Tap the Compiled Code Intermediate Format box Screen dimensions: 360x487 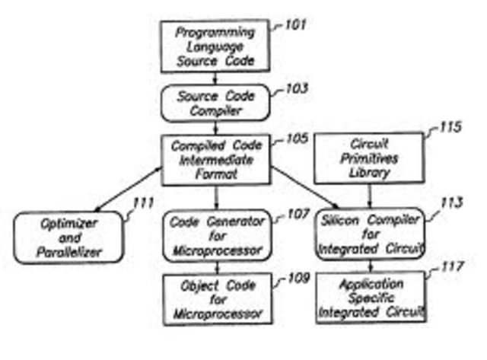click(215, 159)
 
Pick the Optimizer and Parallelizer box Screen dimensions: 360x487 click(68, 237)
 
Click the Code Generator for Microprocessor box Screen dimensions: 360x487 click(216, 235)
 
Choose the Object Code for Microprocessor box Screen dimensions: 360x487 click(216, 298)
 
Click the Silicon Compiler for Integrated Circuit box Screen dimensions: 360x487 click(370, 235)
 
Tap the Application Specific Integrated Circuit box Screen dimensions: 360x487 click(371, 298)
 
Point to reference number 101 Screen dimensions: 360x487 click(294, 26)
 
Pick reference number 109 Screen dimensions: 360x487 click(297, 278)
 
